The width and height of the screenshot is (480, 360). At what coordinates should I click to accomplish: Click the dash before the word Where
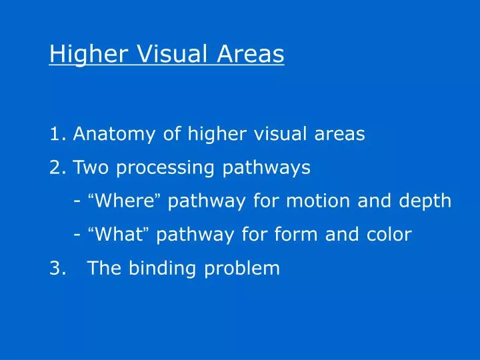[x=78, y=201]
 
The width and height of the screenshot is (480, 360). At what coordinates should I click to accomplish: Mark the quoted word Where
[x=126, y=201]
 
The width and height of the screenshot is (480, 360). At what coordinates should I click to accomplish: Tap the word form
[x=303, y=234]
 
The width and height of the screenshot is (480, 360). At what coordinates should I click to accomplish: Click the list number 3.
[x=55, y=268]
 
